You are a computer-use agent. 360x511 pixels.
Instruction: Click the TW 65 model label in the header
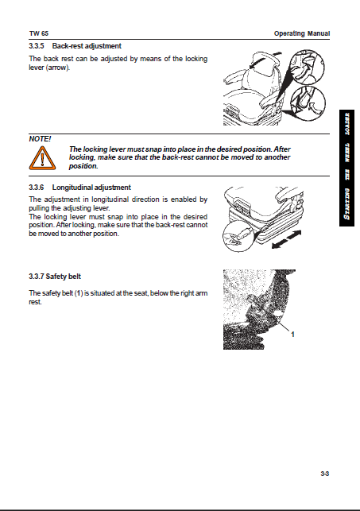(x=39, y=33)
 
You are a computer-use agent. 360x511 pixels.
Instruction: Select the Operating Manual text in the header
(x=302, y=33)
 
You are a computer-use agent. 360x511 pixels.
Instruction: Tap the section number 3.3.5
(x=37, y=46)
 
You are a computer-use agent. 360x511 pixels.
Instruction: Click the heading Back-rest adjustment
(x=87, y=46)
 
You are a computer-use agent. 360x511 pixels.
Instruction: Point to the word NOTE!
(x=40, y=139)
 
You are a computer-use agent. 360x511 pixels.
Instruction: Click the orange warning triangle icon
(x=42, y=158)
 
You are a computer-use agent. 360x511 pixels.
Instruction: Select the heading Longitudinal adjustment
(x=91, y=188)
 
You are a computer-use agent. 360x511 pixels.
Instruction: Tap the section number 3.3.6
(x=37, y=188)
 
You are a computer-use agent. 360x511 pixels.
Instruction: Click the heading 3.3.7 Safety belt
(x=55, y=277)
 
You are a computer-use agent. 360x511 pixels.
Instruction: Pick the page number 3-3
(x=324, y=474)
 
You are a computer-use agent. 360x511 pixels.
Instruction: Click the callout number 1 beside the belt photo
(x=292, y=335)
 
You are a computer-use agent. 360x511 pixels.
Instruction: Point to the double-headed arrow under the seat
(x=286, y=239)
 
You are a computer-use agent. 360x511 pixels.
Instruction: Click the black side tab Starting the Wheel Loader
(x=347, y=168)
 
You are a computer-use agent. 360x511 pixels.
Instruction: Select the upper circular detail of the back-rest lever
(x=307, y=67)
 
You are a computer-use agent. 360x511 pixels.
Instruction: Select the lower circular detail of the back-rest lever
(x=308, y=103)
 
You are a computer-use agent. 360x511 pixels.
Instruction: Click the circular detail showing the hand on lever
(x=237, y=237)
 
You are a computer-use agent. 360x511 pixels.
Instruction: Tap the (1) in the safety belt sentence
(x=78, y=293)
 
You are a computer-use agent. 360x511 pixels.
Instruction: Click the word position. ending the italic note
(x=83, y=166)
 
